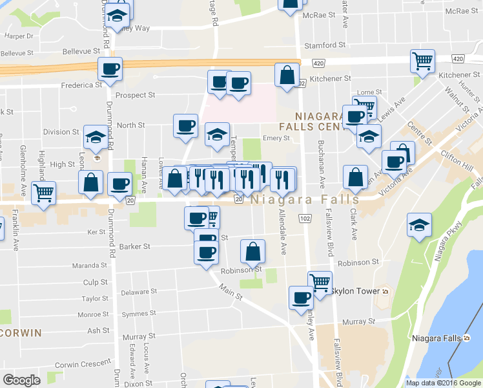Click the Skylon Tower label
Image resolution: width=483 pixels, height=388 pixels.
[x=356, y=292]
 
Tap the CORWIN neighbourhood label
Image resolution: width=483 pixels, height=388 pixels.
[x=21, y=332]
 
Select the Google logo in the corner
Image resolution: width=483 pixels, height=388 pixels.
[x=21, y=380]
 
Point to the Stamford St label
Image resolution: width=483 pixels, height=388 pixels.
[x=325, y=45]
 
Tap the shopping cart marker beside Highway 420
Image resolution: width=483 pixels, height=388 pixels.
[x=422, y=62]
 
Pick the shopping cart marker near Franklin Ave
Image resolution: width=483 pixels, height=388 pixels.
[x=44, y=193]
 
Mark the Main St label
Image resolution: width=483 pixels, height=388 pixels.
[x=229, y=292]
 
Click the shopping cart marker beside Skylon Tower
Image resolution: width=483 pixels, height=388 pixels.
[x=320, y=282]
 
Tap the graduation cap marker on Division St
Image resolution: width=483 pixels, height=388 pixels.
[x=96, y=137]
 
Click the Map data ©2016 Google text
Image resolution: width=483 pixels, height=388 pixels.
[x=443, y=383]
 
